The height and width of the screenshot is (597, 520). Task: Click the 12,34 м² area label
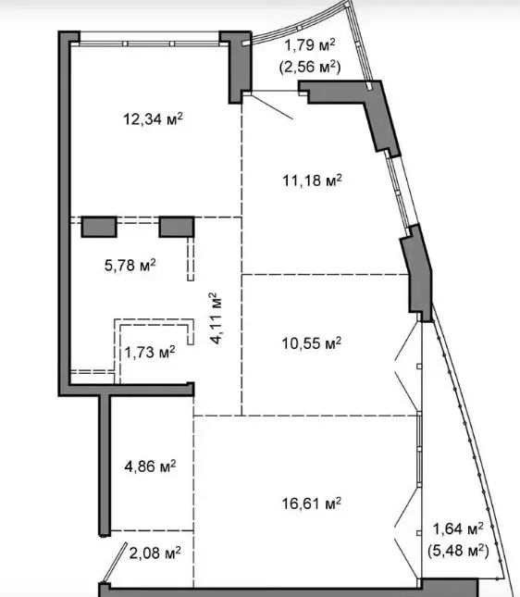(153, 119)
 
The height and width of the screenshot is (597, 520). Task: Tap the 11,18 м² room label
(312, 180)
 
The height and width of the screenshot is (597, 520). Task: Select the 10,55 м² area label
(312, 343)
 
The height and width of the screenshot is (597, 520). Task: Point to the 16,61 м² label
(312, 504)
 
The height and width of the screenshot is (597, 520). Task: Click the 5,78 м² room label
(130, 265)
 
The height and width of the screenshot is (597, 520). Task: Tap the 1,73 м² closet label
(150, 353)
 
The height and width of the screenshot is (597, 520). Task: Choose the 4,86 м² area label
(150, 466)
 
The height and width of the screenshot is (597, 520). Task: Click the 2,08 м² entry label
(155, 553)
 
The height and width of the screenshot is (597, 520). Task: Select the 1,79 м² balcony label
(310, 45)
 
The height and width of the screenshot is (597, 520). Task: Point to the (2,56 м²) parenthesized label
(310, 67)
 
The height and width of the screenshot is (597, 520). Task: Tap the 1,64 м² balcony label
(458, 529)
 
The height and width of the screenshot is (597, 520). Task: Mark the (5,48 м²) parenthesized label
(458, 550)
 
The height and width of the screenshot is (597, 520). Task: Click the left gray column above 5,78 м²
(99, 227)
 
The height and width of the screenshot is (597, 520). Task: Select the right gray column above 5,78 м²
(177, 227)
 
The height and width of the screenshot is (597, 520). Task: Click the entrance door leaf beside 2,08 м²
(114, 563)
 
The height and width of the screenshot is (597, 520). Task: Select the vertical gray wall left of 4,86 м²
(105, 466)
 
